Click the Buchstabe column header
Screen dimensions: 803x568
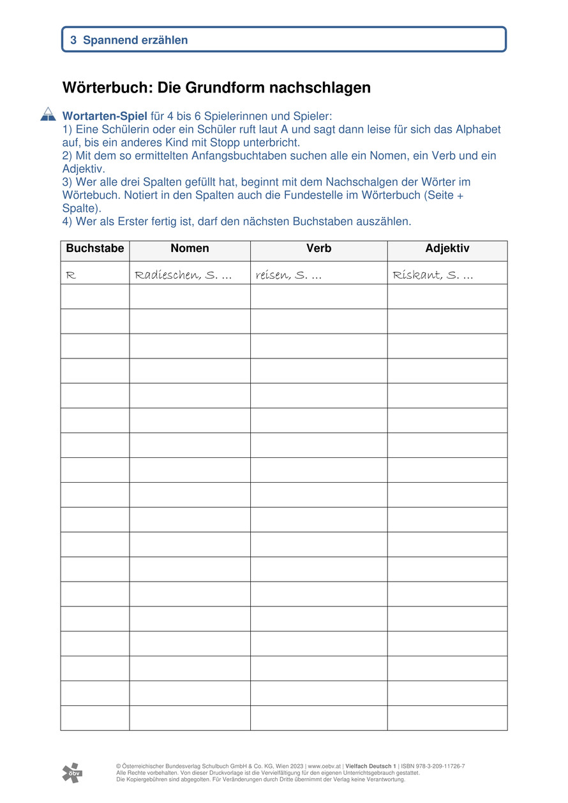click(95, 249)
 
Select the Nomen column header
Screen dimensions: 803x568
click(190, 249)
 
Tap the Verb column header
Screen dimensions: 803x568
click(318, 249)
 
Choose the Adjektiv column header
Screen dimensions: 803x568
click(447, 249)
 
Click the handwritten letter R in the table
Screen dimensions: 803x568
click(71, 276)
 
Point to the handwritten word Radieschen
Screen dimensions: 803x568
click(164, 276)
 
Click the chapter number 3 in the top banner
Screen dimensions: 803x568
click(73, 40)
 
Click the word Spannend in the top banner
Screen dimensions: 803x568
click(109, 40)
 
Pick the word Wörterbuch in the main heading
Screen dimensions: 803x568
click(105, 87)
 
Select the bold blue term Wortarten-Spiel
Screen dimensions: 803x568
click(105, 117)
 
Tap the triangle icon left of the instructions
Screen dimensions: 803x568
click(48, 114)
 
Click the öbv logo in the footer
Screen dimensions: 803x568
click(72, 772)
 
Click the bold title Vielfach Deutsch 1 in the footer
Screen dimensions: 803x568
click(371, 766)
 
